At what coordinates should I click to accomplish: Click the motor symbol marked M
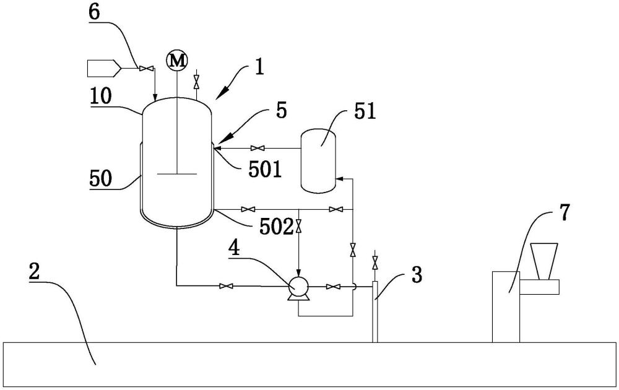click(x=177, y=61)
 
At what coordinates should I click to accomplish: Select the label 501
click(x=265, y=170)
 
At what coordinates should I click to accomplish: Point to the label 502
click(x=276, y=227)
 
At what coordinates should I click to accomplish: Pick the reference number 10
click(x=100, y=98)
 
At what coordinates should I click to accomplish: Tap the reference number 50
click(x=101, y=178)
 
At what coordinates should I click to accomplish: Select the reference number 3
click(x=417, y=274)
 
